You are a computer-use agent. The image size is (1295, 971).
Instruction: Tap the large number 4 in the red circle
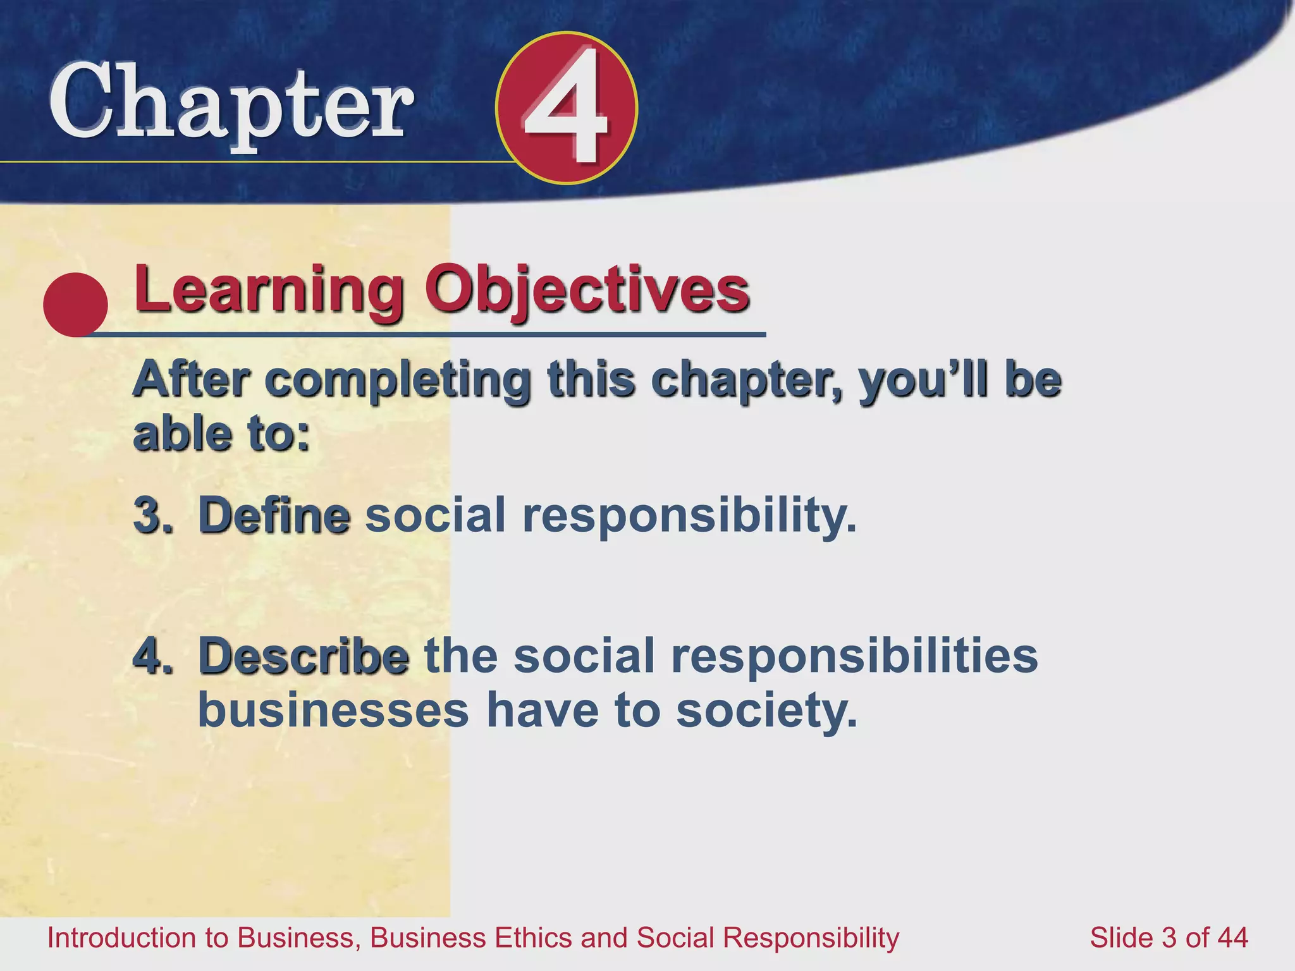click(566, 107)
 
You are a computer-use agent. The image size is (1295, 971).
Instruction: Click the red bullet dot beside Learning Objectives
click(75, 305)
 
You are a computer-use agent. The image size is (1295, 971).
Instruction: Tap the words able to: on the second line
click(221, 435)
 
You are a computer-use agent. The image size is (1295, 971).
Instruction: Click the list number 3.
click(152, 515)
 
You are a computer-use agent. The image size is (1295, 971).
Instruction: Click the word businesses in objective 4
click(333, 711)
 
